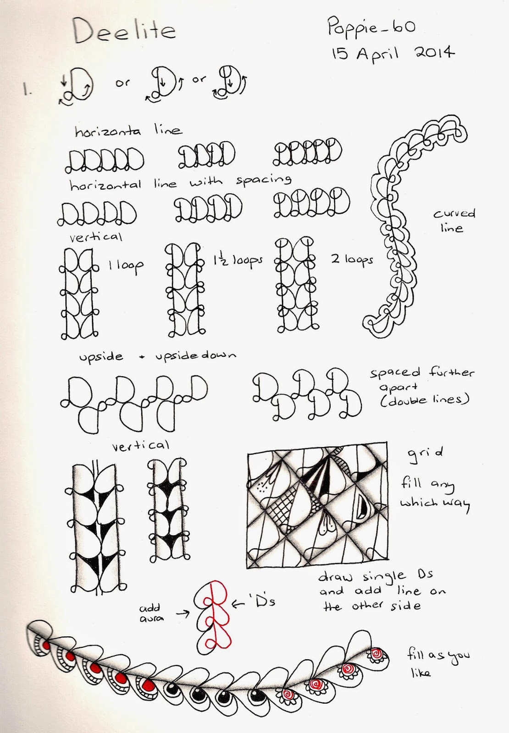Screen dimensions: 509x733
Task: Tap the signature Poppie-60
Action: coord(371,27)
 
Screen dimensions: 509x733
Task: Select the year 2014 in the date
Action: coord(435,52)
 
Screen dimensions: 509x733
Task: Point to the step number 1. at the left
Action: coord(27,89)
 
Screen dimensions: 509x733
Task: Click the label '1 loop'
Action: coord(127,266)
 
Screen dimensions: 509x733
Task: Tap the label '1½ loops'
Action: coord(238,260)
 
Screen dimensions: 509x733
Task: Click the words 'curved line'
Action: coord(454,221)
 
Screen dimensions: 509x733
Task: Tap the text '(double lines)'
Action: coord(425,400)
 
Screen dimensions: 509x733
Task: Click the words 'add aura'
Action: coord(151,613)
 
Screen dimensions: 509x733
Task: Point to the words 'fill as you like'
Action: coord(438,662)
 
